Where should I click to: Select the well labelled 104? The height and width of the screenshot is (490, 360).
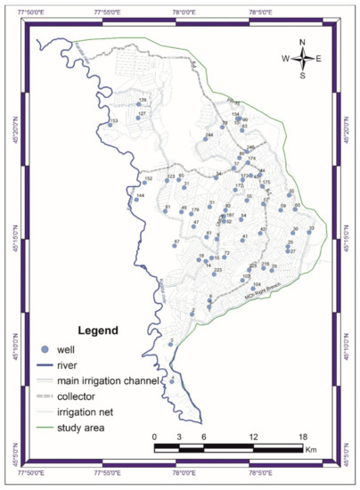pyautogui.click(x=254, y=288)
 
